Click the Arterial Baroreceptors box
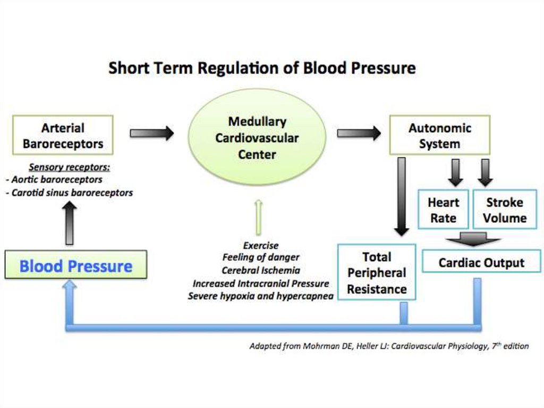tap(63, 136)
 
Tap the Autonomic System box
tap(439, 136)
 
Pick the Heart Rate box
tap(443, 210)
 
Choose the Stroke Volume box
tap(504, 210)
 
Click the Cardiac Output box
tap(481, 262)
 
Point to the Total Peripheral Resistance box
tap(377, 273)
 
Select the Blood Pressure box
tap(75, 265)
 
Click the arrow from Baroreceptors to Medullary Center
tap(152, 133)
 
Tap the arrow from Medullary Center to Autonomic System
tap(359, 133)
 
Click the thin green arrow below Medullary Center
tap(258, 217)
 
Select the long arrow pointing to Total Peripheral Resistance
tap(402, 197)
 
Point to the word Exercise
tap(260, 245)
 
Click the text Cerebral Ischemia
tap(260, 270)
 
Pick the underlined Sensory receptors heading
tap(69, 167)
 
